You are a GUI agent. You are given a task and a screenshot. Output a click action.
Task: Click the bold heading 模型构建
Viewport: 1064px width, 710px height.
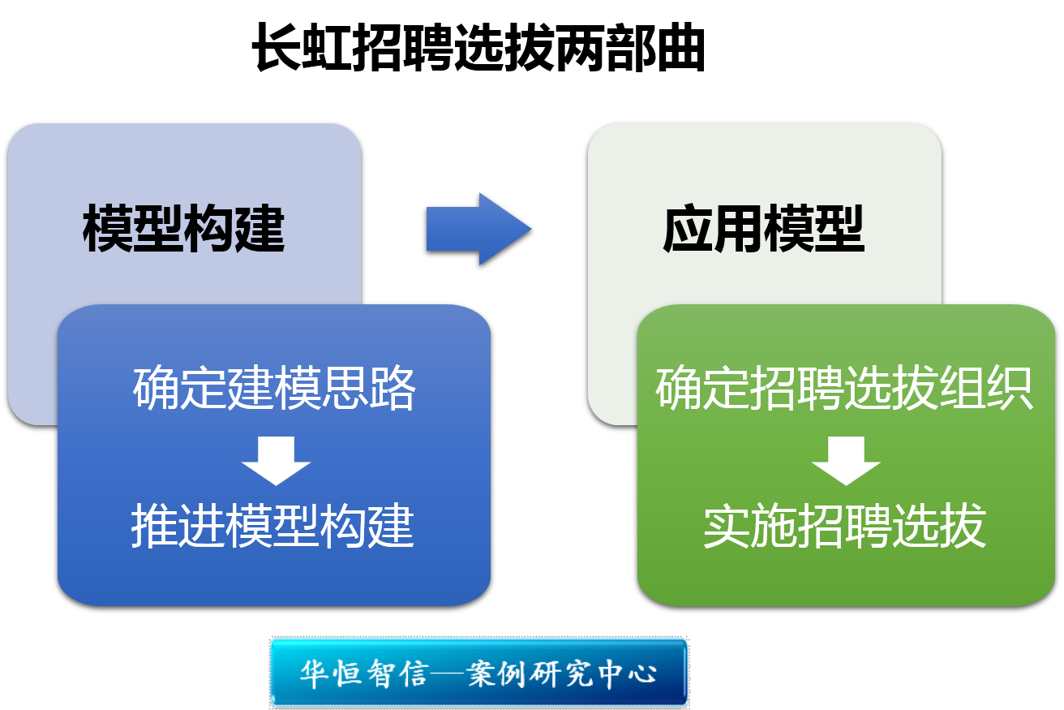click(183, 230)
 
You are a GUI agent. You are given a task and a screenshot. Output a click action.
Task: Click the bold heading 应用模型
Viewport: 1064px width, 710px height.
click(764, 230)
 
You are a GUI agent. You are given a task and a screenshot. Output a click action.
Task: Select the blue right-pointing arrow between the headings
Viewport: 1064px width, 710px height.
click(478, 229)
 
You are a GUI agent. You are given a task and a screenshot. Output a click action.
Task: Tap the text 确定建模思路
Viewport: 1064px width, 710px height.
click(274, 389)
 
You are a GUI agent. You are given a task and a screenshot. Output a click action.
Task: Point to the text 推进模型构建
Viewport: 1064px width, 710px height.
click(273, 526)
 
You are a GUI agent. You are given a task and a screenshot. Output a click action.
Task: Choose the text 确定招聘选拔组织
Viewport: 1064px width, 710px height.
click(844, 389)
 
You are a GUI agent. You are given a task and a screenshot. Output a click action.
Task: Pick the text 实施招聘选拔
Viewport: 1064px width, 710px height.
click(844, 526)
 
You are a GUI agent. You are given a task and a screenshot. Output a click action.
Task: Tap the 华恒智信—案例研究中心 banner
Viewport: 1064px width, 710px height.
click(478, 673)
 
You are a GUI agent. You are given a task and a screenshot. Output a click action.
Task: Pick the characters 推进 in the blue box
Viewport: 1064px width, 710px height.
click(178, 526)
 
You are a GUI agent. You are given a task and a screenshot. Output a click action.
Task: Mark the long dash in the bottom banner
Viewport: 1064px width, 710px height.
click(446, 674)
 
